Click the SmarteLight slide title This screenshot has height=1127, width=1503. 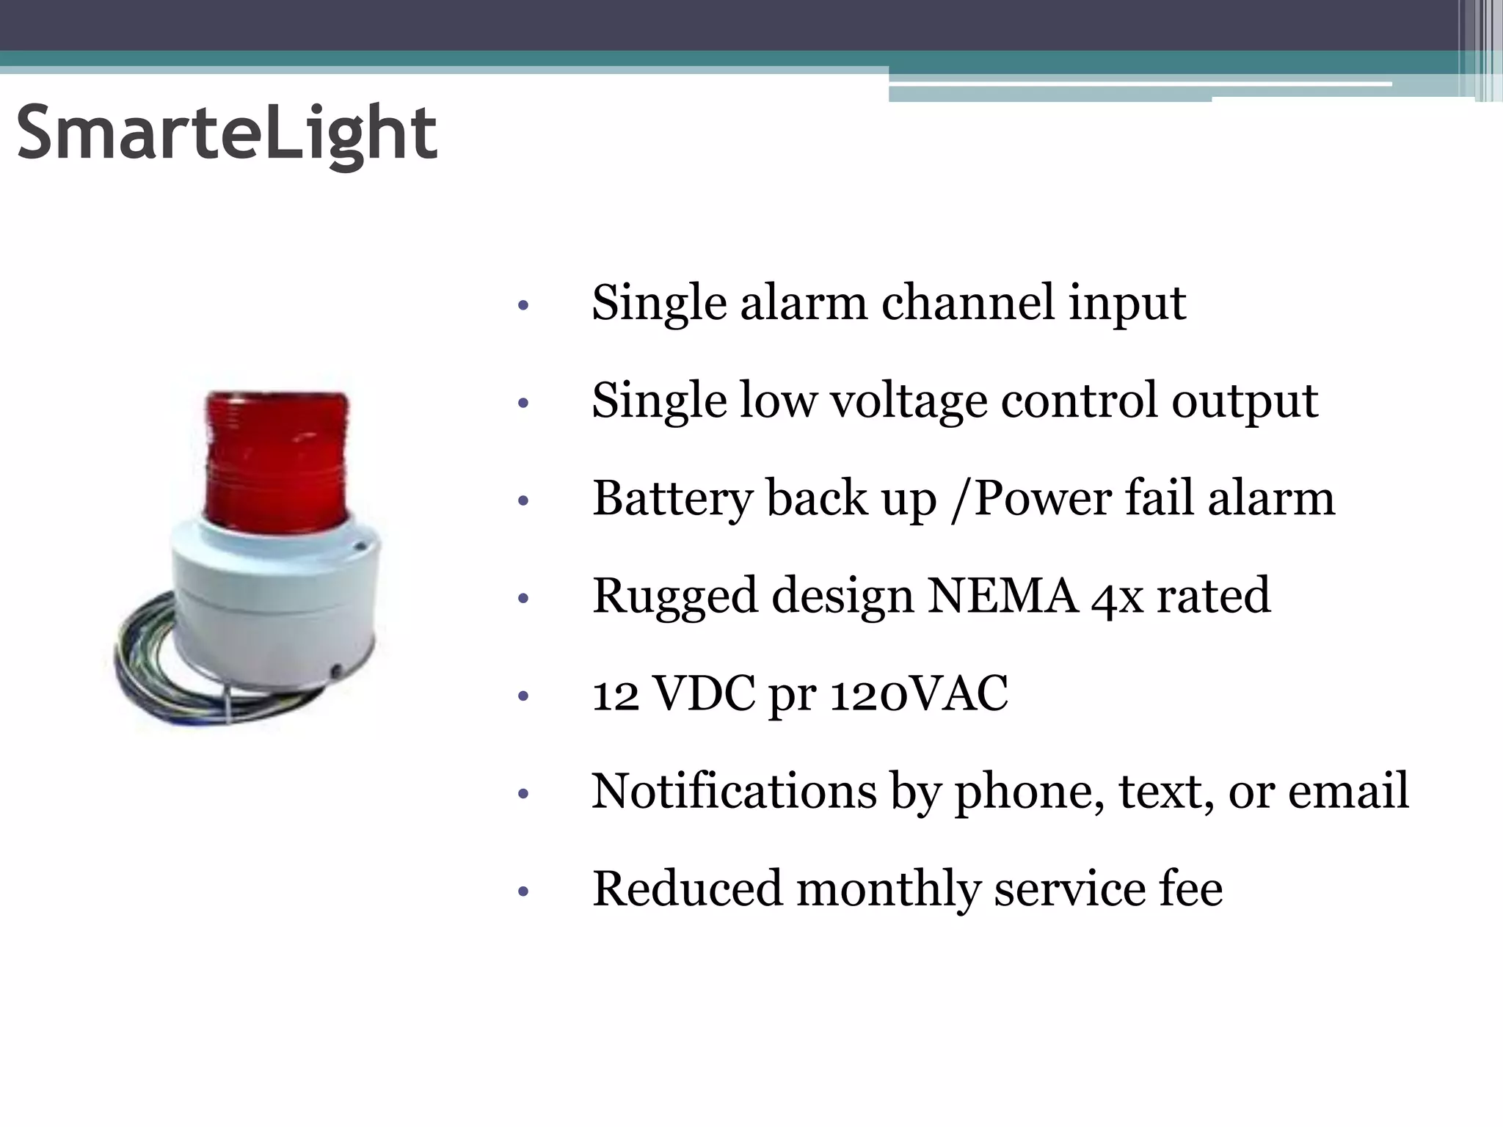tap(227, 133)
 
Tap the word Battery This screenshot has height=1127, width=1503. tap(672, 499)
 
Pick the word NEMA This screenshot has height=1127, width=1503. tap(1002, 596)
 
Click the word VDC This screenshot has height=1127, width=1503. tap(703, 693)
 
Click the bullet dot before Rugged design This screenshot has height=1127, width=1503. tap(523, 599)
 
